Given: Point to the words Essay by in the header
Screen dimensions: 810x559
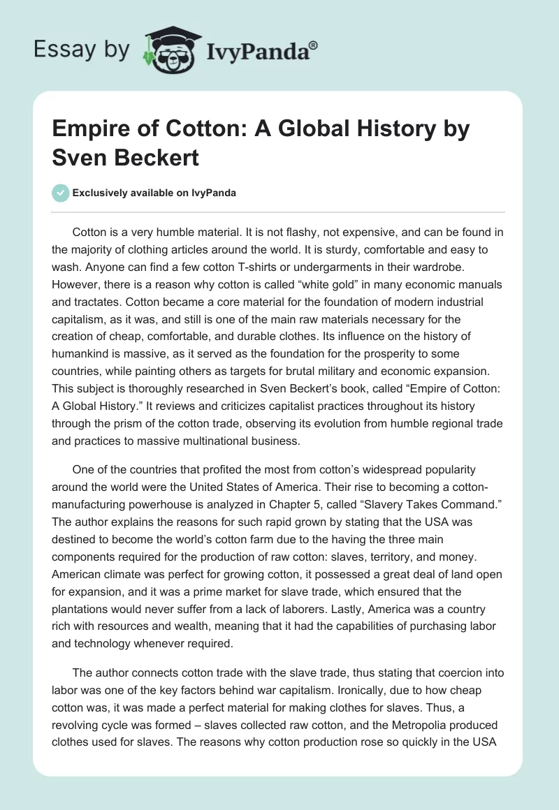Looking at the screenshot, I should coord(82,50).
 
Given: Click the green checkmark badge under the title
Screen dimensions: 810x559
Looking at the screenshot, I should coord(61,193).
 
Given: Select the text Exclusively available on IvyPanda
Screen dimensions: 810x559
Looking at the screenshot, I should coord(154,193).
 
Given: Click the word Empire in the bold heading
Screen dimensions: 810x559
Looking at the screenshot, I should coord(90,130).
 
